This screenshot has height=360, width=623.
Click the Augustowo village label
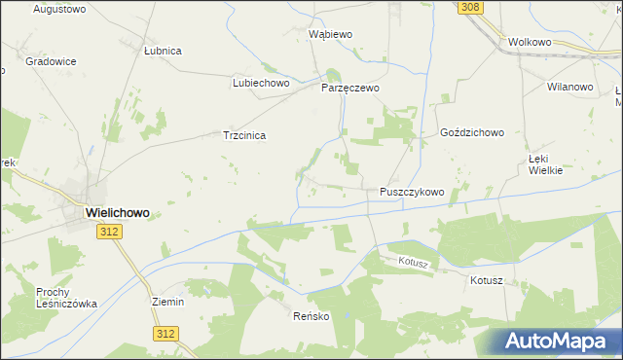tap(59, 9)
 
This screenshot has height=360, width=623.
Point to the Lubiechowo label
tap(262, 84)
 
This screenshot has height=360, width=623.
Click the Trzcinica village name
tap(244, 136)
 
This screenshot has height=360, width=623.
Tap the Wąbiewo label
tap(330, 34)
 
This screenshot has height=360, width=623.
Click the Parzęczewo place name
tap(350, 88)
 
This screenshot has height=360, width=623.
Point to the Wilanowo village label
tap(570, 87)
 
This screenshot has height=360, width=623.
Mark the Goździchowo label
tap(471, 132)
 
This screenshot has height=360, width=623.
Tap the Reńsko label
tap(311, 317)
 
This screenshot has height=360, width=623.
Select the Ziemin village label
tap(168, 302)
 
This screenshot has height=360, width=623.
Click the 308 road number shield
tap(470, 7)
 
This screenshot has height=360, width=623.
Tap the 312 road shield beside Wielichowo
tap(109, 232)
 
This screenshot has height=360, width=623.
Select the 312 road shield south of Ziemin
tap(165, 333)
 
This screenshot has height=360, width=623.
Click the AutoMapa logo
tap(561, 341)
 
